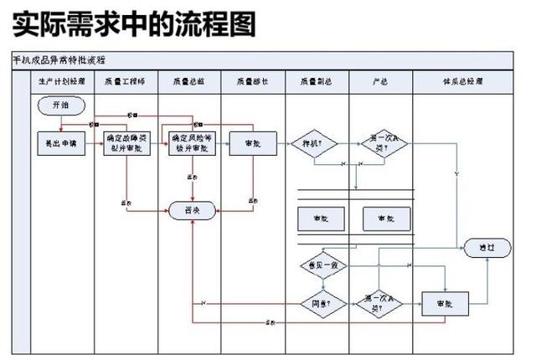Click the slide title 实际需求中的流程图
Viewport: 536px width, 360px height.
(x=134, y=24)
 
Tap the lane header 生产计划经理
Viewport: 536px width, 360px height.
(x=62, y=81)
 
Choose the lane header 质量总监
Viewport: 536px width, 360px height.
(x=192, y=81)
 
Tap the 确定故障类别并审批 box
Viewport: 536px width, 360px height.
(x=126, y=143)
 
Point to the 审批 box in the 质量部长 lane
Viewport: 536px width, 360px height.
(x=253, y=143)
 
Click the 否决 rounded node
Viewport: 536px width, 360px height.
(x=193, y=211)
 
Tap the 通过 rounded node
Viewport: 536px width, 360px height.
(x=487, y=248)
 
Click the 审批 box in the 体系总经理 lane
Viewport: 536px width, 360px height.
(x=444, y=302)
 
